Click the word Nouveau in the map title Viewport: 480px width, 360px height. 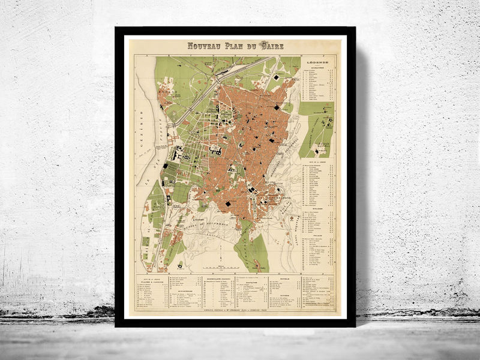pos(204,46)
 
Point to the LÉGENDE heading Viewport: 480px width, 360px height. pos(317,62)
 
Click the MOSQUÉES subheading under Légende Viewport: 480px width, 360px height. pos(317,67)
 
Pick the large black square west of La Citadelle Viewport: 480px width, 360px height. pos(229,206)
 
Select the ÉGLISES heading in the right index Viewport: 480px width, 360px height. pos(317,210)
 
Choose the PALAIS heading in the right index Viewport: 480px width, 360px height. pos(317,236)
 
